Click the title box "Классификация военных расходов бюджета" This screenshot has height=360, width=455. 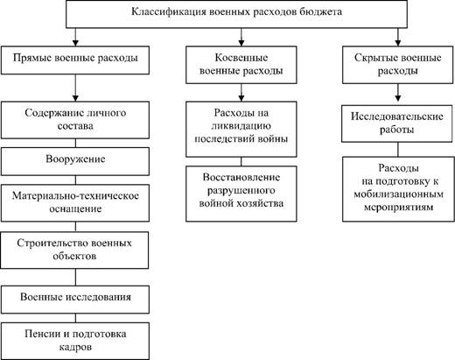tap(236, 14)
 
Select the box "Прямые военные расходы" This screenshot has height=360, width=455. tap(75, 60)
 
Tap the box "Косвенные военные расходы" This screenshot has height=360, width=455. tap(241, 65)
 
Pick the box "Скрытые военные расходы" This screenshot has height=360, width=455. tap(398, 65)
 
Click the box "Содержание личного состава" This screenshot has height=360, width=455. tap(75, 120)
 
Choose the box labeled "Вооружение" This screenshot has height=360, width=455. tap(75, 161)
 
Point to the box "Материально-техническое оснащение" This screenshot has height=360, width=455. tap(75, 203)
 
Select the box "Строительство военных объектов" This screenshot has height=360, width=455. tap(74, 251)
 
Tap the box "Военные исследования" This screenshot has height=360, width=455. tap(75, 300)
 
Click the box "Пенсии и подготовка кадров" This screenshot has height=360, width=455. tap(75, 341)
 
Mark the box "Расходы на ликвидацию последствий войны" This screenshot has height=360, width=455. tap(241, 129)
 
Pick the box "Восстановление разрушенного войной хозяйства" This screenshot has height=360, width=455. tap(241, 194)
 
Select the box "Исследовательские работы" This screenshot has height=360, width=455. tap(397, 124)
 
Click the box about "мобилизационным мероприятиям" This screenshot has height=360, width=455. tap(398, 189)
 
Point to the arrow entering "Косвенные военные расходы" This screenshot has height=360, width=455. tap(241, 37)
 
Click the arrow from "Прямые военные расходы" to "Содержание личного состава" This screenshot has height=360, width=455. tap(75, 88)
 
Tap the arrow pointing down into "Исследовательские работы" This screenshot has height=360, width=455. tap(398, 93)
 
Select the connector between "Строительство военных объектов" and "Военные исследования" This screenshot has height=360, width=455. tap(75, 277)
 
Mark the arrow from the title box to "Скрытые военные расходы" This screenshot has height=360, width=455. tap(398, 37)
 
